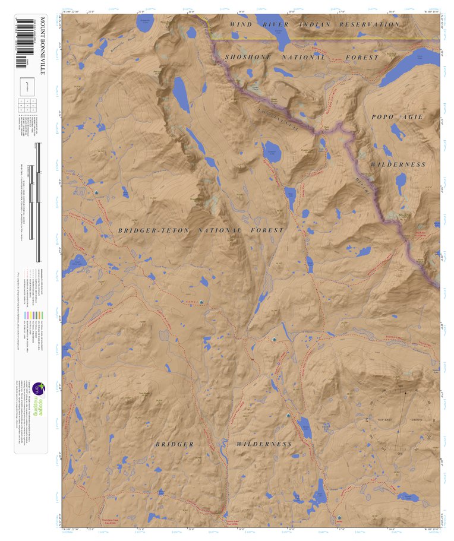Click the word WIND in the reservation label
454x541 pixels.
241,24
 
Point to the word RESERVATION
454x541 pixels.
369,24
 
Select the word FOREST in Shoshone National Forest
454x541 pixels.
362,58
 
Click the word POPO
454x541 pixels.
384,117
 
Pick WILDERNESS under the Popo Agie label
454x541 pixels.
398,164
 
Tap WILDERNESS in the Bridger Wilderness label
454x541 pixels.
264,444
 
